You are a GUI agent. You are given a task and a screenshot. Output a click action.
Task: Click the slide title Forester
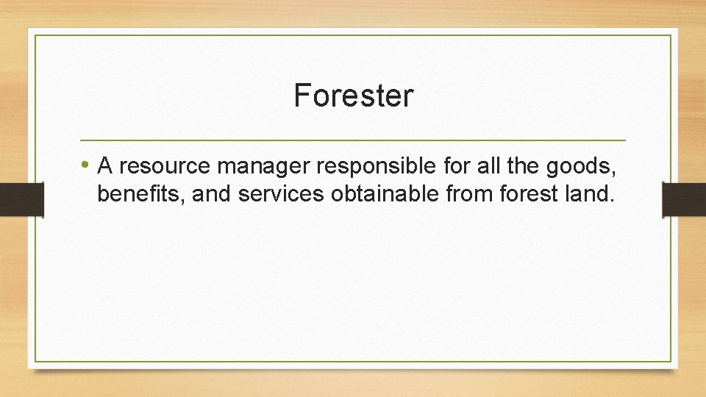(354, 96)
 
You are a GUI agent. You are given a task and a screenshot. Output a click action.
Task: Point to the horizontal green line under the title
(352, 140)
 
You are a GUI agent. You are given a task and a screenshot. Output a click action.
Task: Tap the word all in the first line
(487, 167)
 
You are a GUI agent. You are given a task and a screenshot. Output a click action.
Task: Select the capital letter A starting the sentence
(104, 167)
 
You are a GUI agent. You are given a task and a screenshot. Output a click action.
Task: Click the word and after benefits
(210, 196)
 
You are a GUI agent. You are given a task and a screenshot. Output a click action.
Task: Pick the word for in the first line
(457, 167)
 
